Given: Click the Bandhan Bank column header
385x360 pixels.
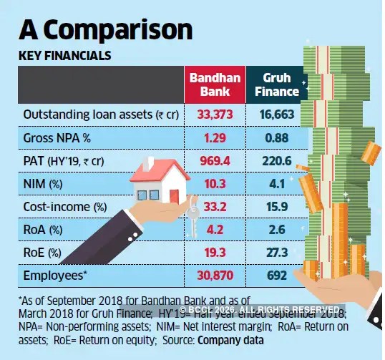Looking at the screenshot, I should [215, 84].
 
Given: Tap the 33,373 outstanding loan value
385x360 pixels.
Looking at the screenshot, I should [215, 115].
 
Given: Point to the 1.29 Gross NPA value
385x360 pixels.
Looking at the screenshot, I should [215, 137].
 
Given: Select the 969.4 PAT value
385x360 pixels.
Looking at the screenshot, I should [215, 161].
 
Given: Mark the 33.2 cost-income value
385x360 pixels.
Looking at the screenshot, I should [215, 208].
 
